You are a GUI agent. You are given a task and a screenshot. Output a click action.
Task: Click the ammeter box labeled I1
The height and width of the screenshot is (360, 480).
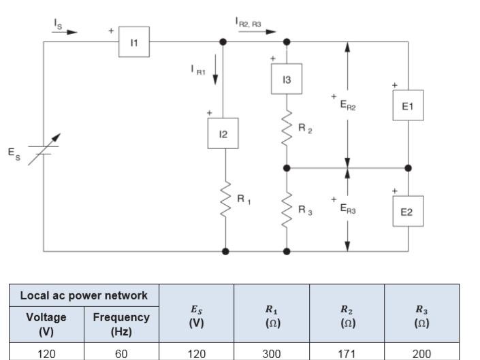(134, 42)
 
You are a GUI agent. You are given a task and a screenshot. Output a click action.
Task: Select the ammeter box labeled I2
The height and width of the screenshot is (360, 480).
(223, 133)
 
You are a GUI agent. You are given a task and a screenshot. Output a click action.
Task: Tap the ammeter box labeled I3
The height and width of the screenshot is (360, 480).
(287, 80)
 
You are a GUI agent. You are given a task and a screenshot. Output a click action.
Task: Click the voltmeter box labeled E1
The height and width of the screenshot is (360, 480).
(407, 106)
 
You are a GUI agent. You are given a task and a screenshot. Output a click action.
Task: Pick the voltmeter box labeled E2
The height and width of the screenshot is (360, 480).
(407, 212)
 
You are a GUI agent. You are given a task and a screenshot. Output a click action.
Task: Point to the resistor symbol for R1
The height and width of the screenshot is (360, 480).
(225, 199)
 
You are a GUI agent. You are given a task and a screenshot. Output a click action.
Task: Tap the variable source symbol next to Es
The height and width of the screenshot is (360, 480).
(44, 150)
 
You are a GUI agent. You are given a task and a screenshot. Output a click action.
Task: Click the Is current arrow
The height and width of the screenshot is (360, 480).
(65, 31)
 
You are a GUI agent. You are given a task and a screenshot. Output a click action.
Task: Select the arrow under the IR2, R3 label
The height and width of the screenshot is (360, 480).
(262, 31)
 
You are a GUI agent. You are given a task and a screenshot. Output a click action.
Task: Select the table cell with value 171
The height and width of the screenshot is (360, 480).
(347, 353)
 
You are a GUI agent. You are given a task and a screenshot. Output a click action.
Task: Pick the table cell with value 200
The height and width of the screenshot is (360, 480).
(421, 353)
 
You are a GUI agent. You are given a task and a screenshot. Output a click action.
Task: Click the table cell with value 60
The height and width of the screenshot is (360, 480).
(121, 353)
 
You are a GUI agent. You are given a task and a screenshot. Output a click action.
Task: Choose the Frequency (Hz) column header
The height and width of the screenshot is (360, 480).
(121, 324)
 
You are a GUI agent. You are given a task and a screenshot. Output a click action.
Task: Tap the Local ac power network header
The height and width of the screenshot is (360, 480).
(84, 295)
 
